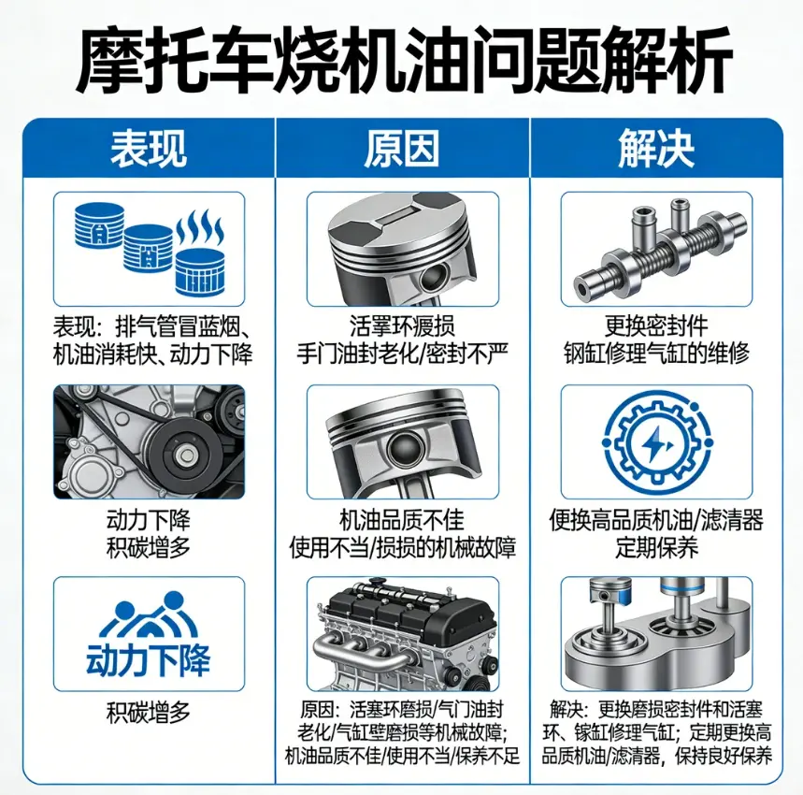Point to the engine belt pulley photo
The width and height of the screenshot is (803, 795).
pos(150,441)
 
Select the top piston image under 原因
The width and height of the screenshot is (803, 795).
pos(402,248)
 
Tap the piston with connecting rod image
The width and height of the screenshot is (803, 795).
pos(402,441)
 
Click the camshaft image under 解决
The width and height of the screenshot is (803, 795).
pos(655,249)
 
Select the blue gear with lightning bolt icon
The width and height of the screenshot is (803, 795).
pos(655,441)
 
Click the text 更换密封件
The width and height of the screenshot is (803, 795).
pos(655,326)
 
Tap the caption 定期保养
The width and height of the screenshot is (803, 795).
pos(655,545)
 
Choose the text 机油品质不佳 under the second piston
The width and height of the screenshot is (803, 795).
pos(402,520)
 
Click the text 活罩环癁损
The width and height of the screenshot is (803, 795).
pos(402,326)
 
